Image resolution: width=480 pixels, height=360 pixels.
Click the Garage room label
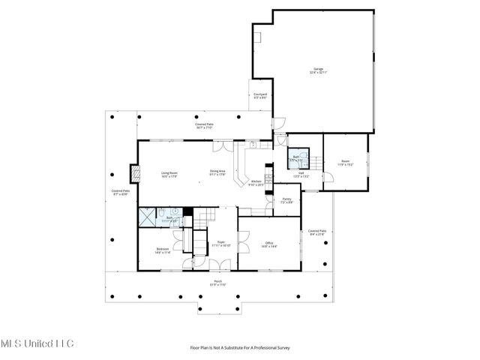(318, 69)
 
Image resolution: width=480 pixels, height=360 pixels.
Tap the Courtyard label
(260, 94)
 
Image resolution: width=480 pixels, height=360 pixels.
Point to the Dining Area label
(217, 171)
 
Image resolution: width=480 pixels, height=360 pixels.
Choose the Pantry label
(286, 198)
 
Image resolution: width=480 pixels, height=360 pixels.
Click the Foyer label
(220, 241)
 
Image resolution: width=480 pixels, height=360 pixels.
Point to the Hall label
(300, 172)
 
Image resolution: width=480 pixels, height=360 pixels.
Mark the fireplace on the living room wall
(135, 173)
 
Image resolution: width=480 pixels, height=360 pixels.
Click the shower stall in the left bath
(146, 216)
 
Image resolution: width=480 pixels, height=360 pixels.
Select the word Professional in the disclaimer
(259, 347)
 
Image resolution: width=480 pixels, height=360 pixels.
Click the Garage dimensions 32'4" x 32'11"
(318, 73)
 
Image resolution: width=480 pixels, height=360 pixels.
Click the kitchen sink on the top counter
(253, 144)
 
